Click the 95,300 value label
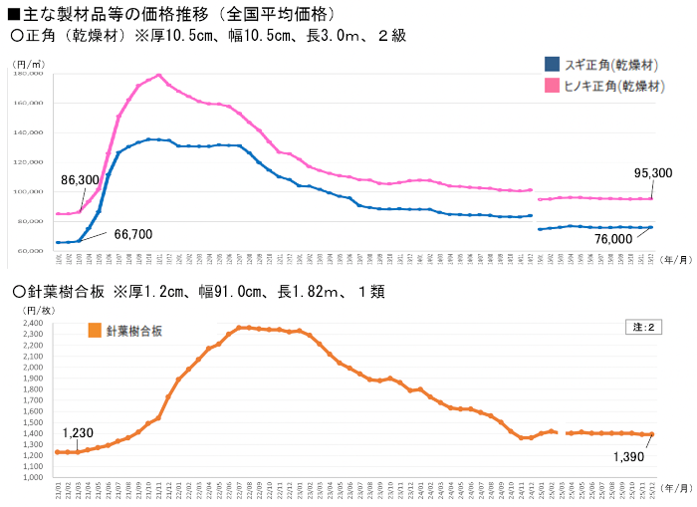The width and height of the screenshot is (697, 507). click(652, 172)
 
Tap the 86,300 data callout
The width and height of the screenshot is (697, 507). click(80, 180)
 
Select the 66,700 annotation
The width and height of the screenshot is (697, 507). click(133, 234)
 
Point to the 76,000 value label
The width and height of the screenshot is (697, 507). click(613, 239)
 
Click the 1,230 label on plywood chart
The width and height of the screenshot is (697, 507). click(78, 433)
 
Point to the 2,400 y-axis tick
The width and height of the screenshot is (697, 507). click(33, 324)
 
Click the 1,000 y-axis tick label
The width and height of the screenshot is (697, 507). click(33, 477)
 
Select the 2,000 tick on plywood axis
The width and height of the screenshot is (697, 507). click(33, 368)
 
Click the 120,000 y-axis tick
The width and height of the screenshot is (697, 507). click(29, 132)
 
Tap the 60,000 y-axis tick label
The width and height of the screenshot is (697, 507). click(29, 251)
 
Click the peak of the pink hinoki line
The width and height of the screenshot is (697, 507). click(159, 75)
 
